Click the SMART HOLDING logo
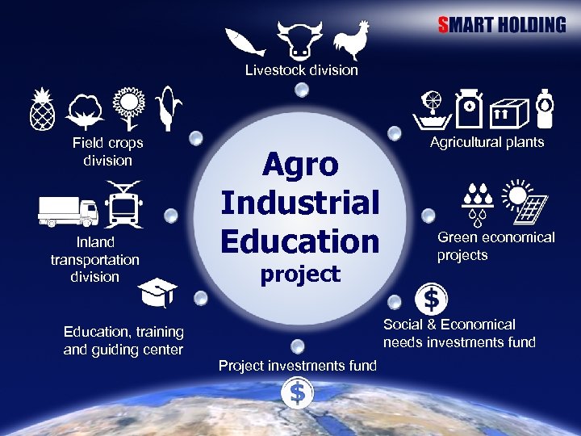tap(502, 24)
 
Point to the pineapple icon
tap(41, 107)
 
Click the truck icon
tap(69, 212)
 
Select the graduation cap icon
tap(157, 292)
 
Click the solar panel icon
tap(524, 199)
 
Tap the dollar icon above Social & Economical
tap(432, 300)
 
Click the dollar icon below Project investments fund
tap(298, 394)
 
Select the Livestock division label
tap(301, 70)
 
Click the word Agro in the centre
tap(300, 166)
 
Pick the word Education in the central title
tap(300, 241)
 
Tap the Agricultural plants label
tap(487, 142)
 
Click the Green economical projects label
tap(495, 246)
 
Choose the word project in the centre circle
tap(300, 275)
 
